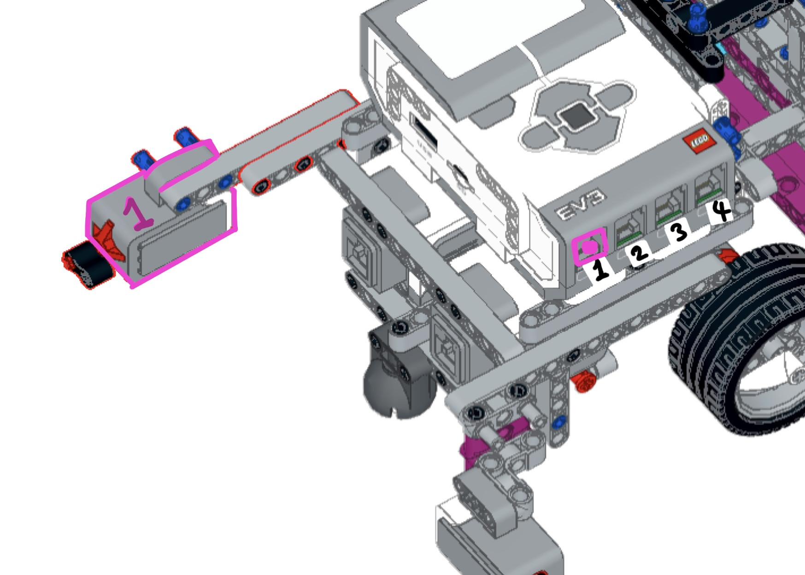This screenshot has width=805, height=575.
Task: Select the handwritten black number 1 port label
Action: point(601,270)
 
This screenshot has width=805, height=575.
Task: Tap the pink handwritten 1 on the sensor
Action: point(137,214)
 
